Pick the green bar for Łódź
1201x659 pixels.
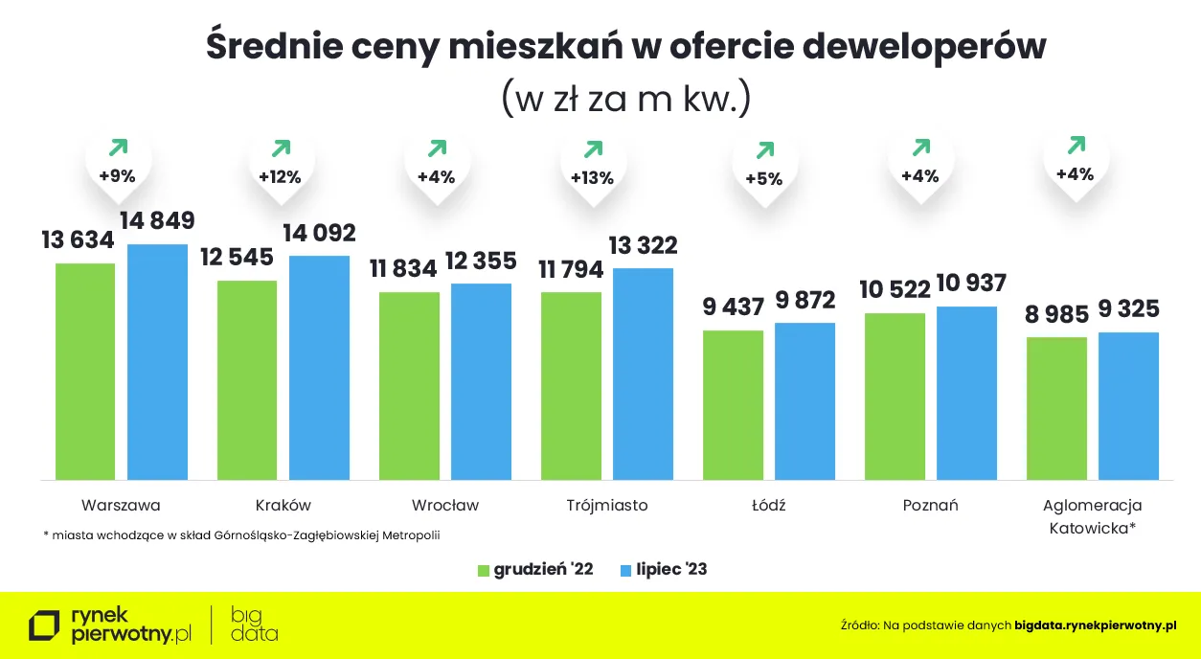tap(733, 404)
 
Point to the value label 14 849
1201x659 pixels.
tap(157, 221)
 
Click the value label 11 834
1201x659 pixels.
tap(403, 269)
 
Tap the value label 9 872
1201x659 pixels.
tap(804, 301)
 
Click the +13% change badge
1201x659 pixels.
tap(592, 177)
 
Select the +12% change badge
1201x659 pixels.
tap(280, 176)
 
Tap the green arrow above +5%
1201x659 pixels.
tap(764, 150)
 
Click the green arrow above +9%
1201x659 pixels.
tap(118, 148)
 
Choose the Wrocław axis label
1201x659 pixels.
tap(445, 505)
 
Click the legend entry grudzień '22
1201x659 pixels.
tap(535, 570)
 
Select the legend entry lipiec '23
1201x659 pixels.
tap(664, 570)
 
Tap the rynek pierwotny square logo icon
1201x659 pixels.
tap(44, 625)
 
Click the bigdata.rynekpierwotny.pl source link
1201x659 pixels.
tap(1095, 625)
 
